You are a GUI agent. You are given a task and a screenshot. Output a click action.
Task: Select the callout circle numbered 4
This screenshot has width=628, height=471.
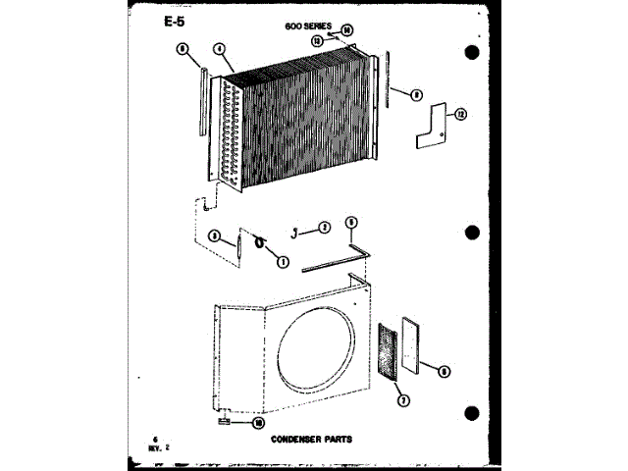click(x=220, y=48)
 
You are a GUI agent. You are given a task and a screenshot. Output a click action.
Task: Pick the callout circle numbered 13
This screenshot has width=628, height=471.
click(x=318, y=41)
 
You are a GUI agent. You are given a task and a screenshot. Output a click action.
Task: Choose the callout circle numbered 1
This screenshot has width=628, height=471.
click(x=283, y=262)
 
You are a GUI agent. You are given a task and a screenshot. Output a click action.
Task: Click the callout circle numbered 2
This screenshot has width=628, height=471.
click(x=324, y=229)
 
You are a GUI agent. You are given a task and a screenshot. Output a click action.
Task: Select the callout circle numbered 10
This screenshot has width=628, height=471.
click(x=260, y=423)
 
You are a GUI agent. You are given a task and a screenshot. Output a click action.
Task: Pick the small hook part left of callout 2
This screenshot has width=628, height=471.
click(x=294, y=231)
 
